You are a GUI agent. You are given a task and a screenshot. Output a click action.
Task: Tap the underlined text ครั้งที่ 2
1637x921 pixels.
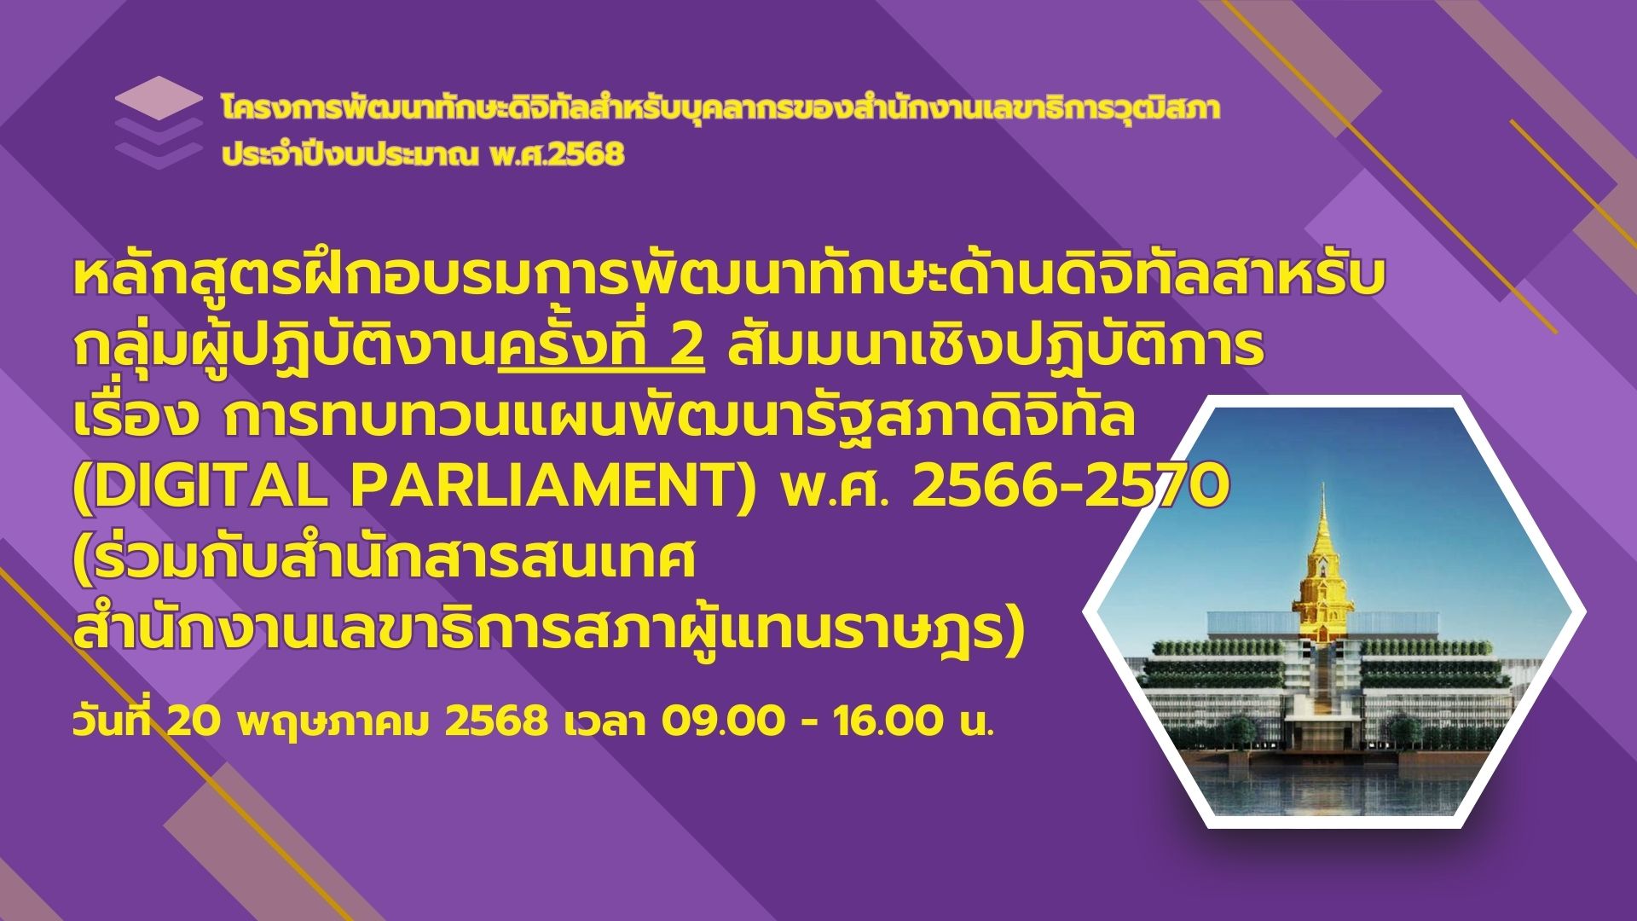click(602, 349)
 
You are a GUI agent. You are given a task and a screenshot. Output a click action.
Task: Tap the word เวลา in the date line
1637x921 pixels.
click(604, 723)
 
